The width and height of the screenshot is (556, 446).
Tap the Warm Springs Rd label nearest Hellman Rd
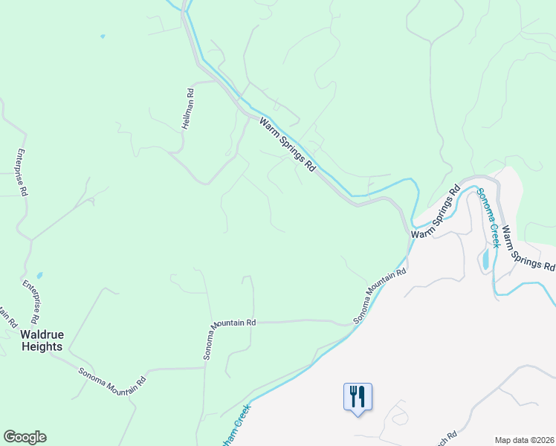click(288, 144)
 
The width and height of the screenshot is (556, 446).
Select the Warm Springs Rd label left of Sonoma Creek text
click(436, 214)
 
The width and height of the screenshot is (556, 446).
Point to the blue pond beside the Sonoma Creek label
click(485, 259)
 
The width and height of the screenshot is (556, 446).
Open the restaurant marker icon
click(358, 396)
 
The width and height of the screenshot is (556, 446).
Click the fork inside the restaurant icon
click(352, 395)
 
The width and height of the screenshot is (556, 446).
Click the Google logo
click(25, 437)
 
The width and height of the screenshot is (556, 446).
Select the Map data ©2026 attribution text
click(525, 439)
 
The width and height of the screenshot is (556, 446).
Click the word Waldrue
click(42, 334)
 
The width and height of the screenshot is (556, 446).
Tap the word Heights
click(42, 346)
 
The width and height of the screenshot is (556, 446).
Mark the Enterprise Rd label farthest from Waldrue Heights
click(21, 171)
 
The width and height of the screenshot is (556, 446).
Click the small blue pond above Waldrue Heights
click(39, 275)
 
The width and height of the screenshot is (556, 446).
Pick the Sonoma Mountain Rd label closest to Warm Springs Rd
click(381, 295)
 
